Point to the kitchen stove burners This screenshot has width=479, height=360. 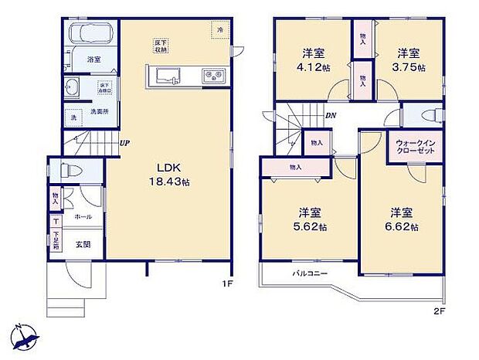pyautogui.click(x=212, y=76)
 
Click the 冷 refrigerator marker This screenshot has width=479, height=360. pyautogui.click(x=220, y=30)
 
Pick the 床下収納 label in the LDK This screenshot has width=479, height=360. pyautogui.click(x=161, y=46)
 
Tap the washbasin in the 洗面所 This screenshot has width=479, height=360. pyautogui.click(x=74, y=86)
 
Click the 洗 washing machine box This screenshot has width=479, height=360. pyautogui.click(x=74, y=118)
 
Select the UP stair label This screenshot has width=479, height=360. pyautogui.click(x=123, y=143)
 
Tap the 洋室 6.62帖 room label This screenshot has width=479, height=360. pyautogui.click(x=402, y=220)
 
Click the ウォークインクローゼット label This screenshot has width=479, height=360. pyautogui.click(x=415, y=148)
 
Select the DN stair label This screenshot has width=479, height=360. pyautogui.click(x=330, y=116)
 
